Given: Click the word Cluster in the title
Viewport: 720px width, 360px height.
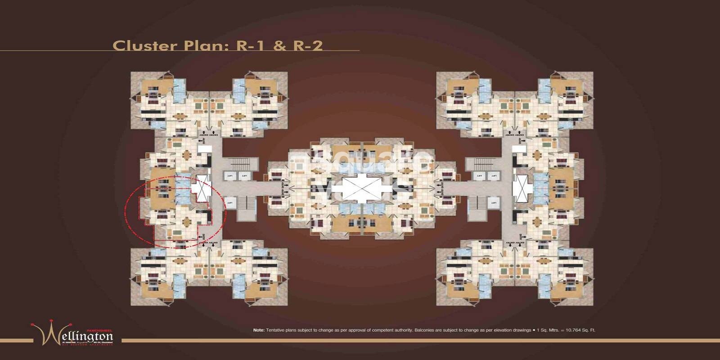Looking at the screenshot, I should pyautogui.click(x=144, y=45).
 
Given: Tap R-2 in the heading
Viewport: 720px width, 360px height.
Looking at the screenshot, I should pyautogui.click(x=308, y=45).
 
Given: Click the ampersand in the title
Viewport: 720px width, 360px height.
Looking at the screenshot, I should pyautogui.click(x=279, y=46).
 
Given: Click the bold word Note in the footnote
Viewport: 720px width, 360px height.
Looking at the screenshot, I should pyautogui.click(x=259, y=330).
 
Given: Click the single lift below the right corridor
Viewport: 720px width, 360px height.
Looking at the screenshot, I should pyautogui.click(x=494, y=203).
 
